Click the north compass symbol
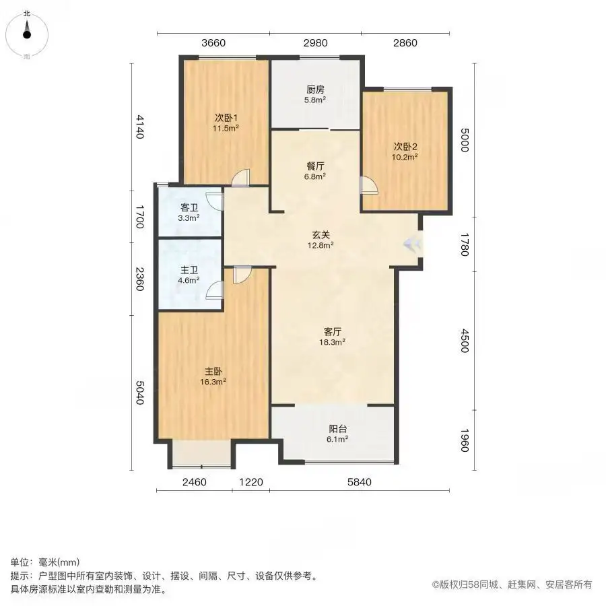(x=26, y=34)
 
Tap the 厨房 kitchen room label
(x=315, y=90)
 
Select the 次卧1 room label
(x=226, y=118)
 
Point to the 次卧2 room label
(x=405, y=147)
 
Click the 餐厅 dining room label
(x=315, y=166)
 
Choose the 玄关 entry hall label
(x=321, y=234)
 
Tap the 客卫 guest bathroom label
(x=189, y=207)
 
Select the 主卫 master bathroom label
(x=189, y=270)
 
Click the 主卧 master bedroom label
(x=213, y=372)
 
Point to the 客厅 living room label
(x=333, y=331)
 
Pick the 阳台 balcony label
(x=338, y=429)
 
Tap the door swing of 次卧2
(x=369, y=184)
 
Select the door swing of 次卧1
(x=241, y=178)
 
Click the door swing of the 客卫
(x=215, y=201)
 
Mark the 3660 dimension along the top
(x=213, y=43)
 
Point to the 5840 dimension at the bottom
(x=360, y=482)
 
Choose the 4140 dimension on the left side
(x=139, y=127)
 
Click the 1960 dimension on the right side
(x=465, y=440)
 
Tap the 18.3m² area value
(x=333, y=342)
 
